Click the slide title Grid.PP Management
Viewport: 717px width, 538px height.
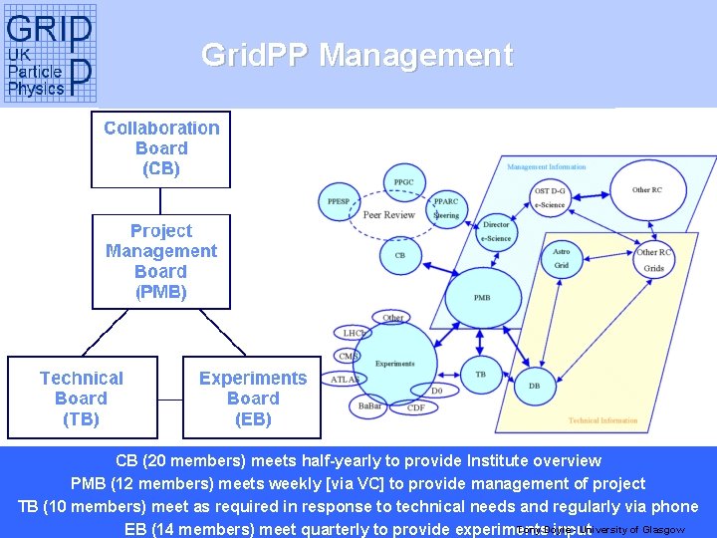[357, 55]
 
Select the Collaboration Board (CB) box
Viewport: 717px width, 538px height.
[161, 148]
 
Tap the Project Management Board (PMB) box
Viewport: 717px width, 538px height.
[161, 261]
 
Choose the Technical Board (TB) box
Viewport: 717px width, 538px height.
[82, 398]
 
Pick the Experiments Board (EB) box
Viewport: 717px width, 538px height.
[253, 398]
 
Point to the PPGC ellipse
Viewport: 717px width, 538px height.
[404, 182]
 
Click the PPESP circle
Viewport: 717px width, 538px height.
[339, 201]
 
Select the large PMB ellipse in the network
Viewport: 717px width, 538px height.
[482, 297]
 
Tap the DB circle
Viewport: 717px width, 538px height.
[535, 385]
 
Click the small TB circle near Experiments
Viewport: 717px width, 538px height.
[480, 374]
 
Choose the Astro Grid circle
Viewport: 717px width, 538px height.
[562, 259]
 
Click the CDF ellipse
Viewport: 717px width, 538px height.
[416, 407]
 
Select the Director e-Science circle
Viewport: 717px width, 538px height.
[496, 232]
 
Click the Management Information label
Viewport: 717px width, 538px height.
[547, 166]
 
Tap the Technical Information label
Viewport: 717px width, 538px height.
[603, 420]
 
